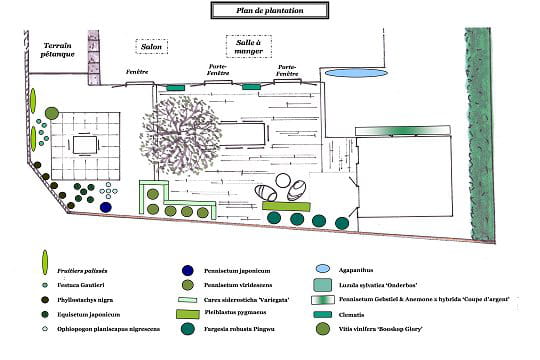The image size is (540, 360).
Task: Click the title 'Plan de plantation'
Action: click(270, 10)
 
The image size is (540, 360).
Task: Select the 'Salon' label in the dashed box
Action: click(152, 47)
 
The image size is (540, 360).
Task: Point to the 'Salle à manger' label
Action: click(248, 47)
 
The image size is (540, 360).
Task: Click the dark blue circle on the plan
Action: click(106, 208)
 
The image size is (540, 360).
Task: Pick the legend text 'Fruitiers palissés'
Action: click(82, 270)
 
